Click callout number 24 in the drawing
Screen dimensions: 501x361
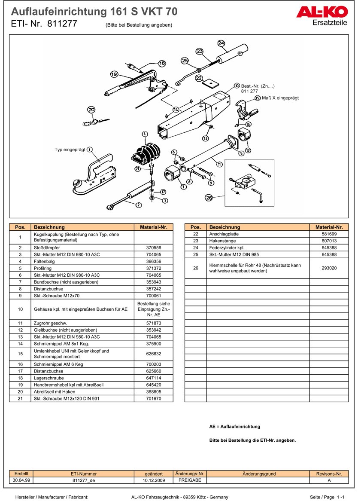point(221,43)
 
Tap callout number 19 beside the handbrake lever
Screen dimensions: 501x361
point(114,74)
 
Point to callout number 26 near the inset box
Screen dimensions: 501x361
point(209,198)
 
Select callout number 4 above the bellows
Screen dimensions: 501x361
point(144,134)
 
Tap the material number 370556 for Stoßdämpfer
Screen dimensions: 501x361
point(153,248)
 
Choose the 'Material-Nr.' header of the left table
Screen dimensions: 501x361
point(153,227)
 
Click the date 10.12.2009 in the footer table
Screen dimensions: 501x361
point(154,480)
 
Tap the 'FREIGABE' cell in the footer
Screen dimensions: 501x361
point(190,480)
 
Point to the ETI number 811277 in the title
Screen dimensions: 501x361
point(62,24)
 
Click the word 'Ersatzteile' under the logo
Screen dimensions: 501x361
point(330,23)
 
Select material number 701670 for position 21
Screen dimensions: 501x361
point(153,398)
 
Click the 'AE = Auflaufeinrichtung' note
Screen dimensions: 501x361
point(234,427)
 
